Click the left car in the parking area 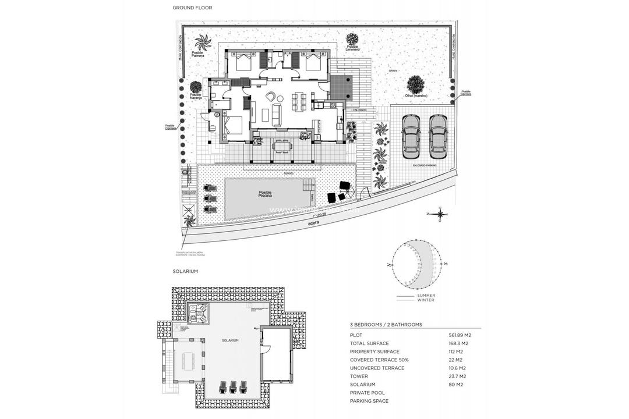click(x=411, y=136)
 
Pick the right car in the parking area click(x=438, y=136)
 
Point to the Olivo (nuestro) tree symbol click(x=416, y=84)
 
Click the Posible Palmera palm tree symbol click(x=202, y=43)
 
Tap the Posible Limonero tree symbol click(x=352, y=39)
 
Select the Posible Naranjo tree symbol click(x=196, y=87)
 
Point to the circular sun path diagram click(x=416, y=264)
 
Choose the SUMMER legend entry click(x=426, y=296)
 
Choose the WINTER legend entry click(x=425, y=300)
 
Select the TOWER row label click(x=359, y=377)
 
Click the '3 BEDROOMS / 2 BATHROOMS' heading click(x=386, y=324)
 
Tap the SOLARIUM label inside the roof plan click(x=230, y=340)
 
